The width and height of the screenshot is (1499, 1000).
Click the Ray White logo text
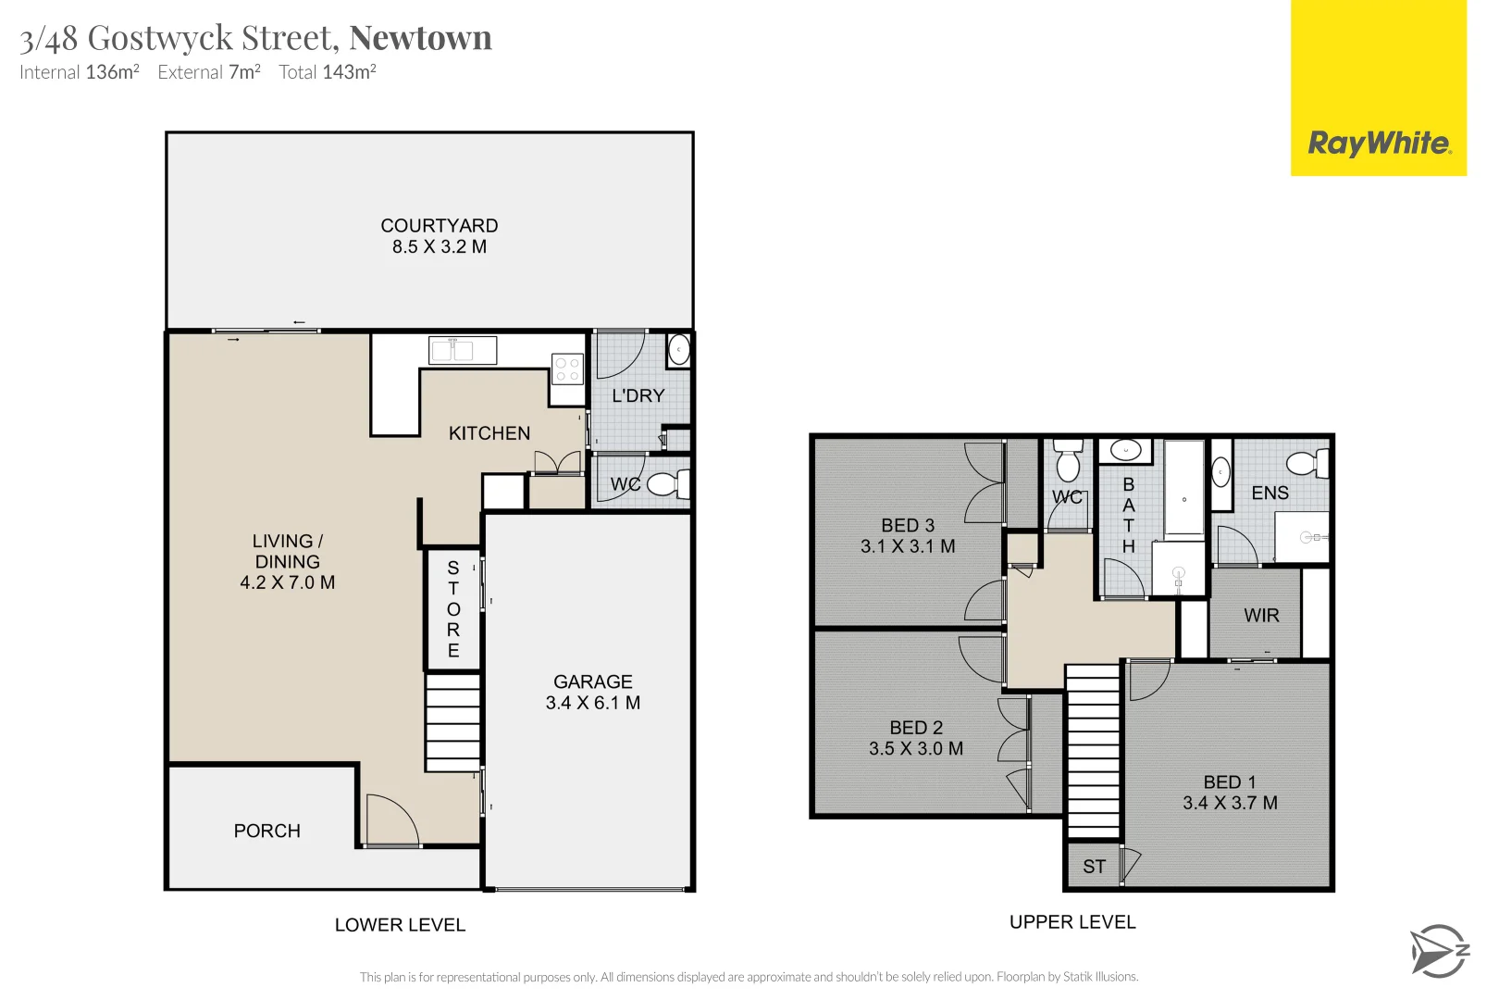pos(1379,144)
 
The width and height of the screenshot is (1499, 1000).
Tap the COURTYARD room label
pos(440,226)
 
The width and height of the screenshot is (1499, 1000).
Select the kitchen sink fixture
pos(463,350)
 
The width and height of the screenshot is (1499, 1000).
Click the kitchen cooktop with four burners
pos(567,369)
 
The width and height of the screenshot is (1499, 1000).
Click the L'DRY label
pos(638,395)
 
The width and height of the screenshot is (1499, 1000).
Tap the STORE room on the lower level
pos(453,608)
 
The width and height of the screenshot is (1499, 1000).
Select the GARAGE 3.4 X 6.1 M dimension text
pos(593,703)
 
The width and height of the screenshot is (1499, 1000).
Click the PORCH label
pos(266,831)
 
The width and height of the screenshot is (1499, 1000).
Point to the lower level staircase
pos(452,722)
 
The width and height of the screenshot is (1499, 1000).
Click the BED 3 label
pos(908,525)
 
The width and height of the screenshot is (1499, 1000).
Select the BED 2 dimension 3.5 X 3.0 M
pos(916,748)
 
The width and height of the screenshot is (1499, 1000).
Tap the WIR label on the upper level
pos(1261,615)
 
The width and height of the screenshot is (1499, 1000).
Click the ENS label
pos(1270,493)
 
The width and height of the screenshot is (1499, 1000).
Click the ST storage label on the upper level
pos(1094,867)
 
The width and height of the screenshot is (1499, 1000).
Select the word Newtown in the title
pos(420,38)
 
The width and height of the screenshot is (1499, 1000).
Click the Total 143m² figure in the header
pos(328,72)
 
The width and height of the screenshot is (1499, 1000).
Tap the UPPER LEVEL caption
pos(1072,922)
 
